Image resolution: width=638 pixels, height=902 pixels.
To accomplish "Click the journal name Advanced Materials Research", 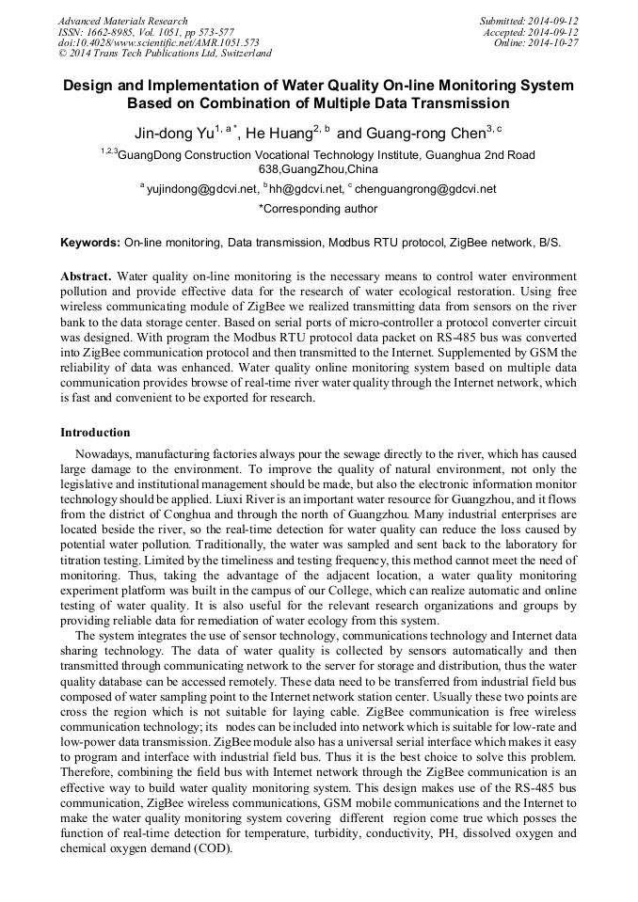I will pyautogui.click(x=122, y=21).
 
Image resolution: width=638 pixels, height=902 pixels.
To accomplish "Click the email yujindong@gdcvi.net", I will pyautogui.click(x=202, y=189).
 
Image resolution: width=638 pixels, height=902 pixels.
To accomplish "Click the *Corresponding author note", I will pyautogui.click(x=318, y=209).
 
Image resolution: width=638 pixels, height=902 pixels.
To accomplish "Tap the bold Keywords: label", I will pyautogui.click(x=90, y=243).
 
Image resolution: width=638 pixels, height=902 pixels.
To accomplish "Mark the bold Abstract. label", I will pyautogui.click(x=87, y=277).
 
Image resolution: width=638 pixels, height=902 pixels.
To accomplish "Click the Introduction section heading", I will pyautogui.click(x=95, y=433).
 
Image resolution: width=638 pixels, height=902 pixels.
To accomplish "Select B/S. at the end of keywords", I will pyautogui.click(x=549, y=243).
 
